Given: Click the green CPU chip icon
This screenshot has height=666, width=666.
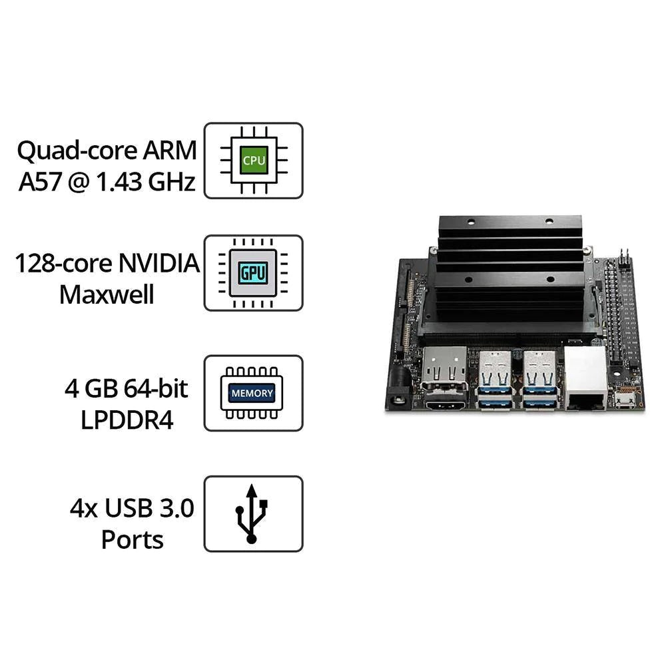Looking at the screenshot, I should click(x=253, y=161).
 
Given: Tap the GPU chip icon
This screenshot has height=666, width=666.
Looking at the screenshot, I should click(x=253, y=273).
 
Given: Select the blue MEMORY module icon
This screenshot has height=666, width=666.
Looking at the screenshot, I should click(x=252, y=393).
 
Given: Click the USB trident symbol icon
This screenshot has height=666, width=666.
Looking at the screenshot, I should click(x=252, y=513).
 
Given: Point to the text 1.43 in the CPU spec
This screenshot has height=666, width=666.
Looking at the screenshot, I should click(x=121, y=181).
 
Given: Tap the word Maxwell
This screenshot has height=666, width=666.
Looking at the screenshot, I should click(x=107, y=294).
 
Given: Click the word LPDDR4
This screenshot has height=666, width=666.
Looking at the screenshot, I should click(x=126, y=420).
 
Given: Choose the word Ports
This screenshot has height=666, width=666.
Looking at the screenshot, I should click(x=133, y=539).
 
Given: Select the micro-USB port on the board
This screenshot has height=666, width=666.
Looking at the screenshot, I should click(x=625, y=400).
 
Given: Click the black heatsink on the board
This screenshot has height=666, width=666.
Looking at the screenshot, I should click(x=509, y=273).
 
